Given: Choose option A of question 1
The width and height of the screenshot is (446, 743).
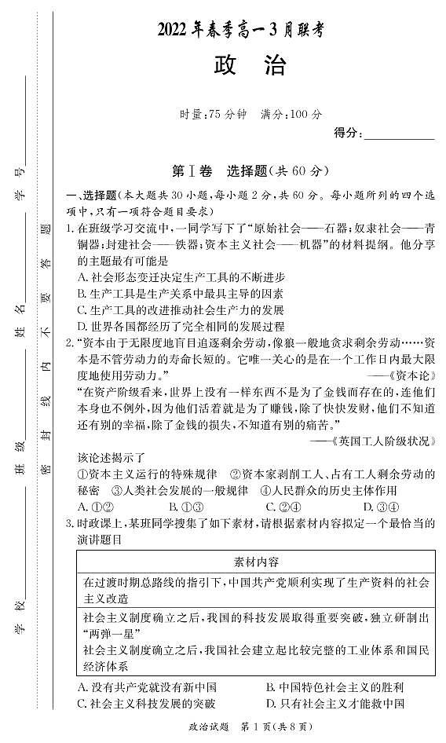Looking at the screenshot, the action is (x=181, y=277).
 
